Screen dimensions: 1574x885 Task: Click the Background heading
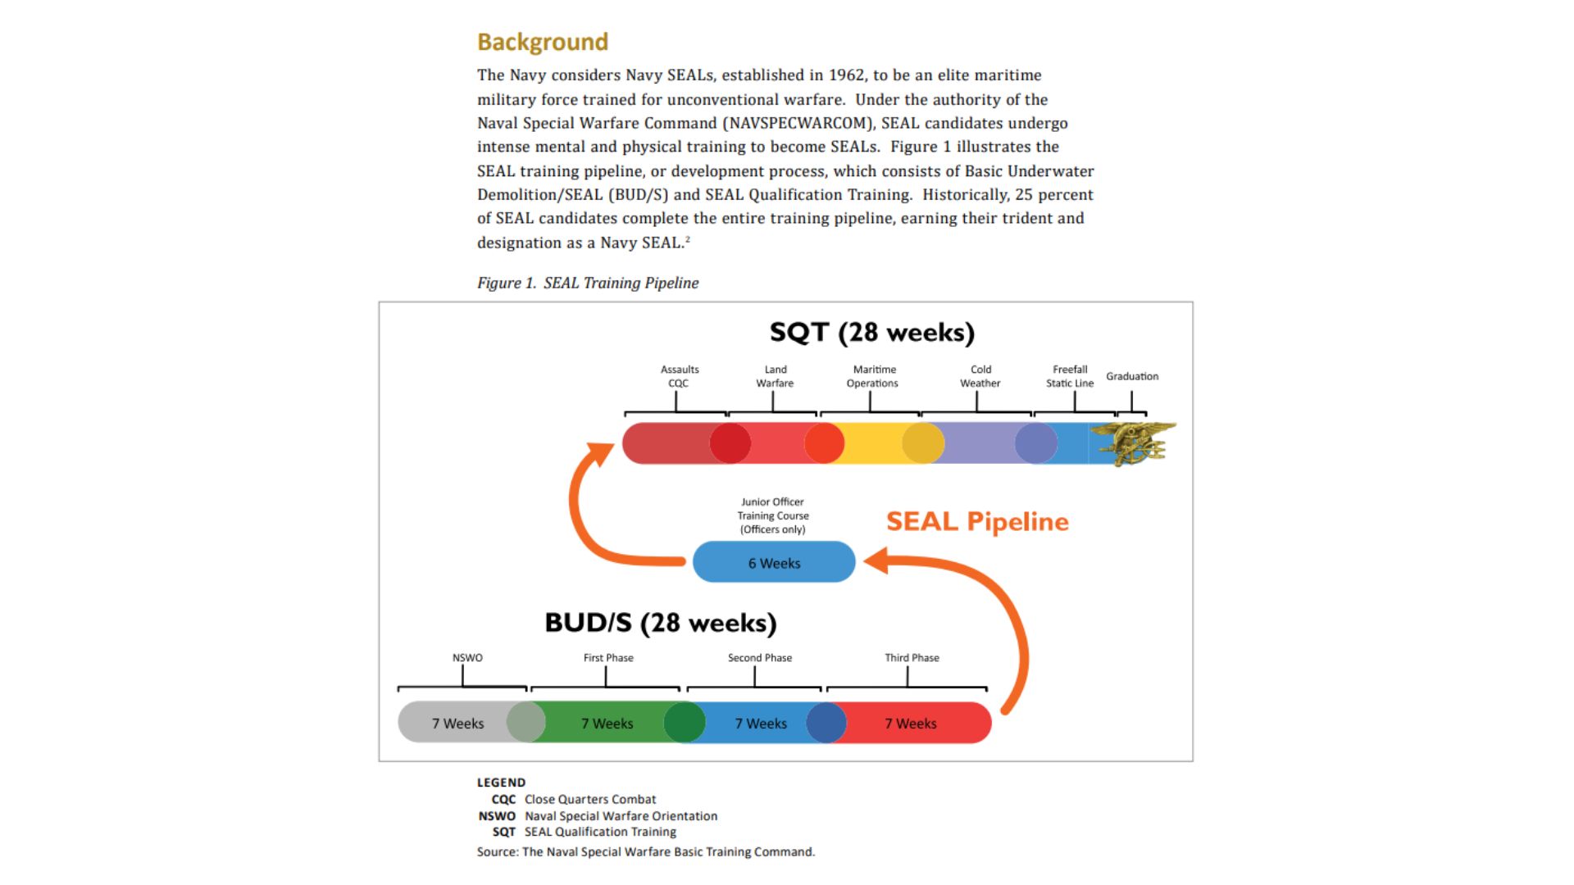pyautogui.click(x=543, y=42)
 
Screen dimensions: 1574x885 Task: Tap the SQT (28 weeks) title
pyautogui.click(x=872, y=333)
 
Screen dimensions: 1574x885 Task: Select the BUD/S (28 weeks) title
pyautogui.click(x=661, y=624)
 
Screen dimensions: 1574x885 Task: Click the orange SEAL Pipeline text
pyautogui.click(x=977, y=521)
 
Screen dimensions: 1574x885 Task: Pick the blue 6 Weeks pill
pyautogui.click(x=774, y=562)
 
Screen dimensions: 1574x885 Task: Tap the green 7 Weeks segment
pyautogui.click(x=607, y=723)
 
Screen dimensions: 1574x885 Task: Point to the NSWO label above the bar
pyautogui.click(x=467, y=658)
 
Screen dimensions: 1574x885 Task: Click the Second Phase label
pyautogui.click(x=760, y=658)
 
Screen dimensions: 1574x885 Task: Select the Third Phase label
pyautogui.click(x=912, y=658)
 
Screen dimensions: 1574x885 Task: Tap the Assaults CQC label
pyautogui.click(x=680, y=376)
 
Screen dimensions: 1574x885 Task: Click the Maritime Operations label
pyautogui.click(x=873, y=376)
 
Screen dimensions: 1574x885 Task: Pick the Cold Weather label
pyautogui.click(x=980, y=376)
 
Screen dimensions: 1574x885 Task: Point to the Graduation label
pyautogui.click(x=1132, y=376)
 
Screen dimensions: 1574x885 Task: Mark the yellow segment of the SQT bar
pyautogui.click(x=874, y=443)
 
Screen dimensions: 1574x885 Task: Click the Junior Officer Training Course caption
pyautogui.click(x=773, y=515)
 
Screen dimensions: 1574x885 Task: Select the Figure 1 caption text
pyautogui.click(x=588, y=284)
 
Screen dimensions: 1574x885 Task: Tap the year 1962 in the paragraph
pyautogui.click(x=846, y=75)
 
